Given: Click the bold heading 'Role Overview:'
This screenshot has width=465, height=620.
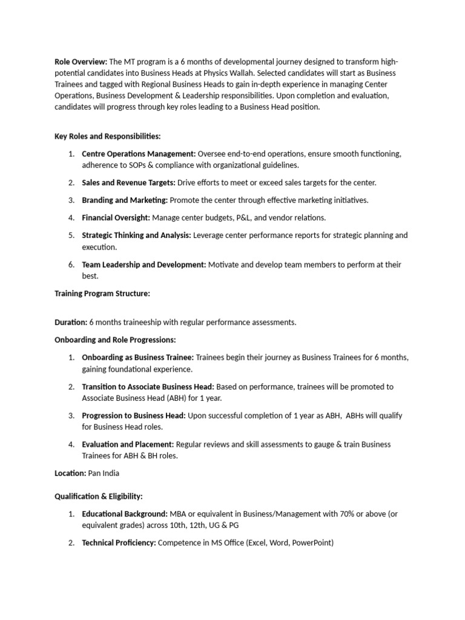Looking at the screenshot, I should pos(81,62).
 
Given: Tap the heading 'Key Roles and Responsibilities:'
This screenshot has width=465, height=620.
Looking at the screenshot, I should pos(108,137).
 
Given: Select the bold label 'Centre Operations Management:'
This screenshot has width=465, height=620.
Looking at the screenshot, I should pos(139,154).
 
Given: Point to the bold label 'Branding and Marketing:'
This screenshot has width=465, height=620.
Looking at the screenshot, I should pos(125,200).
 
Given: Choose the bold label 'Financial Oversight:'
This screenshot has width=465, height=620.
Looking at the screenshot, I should pos(116,217).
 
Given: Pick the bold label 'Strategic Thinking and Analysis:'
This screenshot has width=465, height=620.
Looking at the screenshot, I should pos(136,235).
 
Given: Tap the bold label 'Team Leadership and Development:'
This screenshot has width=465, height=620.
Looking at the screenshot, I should pos(144,265).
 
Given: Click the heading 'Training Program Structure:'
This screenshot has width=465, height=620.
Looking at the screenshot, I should pos(102,294).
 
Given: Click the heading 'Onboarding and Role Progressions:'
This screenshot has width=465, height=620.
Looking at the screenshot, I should pos(115,340).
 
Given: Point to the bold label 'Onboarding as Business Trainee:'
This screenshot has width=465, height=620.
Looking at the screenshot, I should pos(138,357).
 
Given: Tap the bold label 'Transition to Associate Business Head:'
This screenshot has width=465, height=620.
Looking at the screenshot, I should pos(148,386).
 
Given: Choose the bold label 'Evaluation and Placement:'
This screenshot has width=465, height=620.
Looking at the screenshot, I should pos(128,444).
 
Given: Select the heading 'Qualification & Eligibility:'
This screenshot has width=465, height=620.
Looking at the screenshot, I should pos(99,496).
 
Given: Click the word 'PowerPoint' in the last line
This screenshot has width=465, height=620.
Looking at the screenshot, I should pos(312,543).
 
